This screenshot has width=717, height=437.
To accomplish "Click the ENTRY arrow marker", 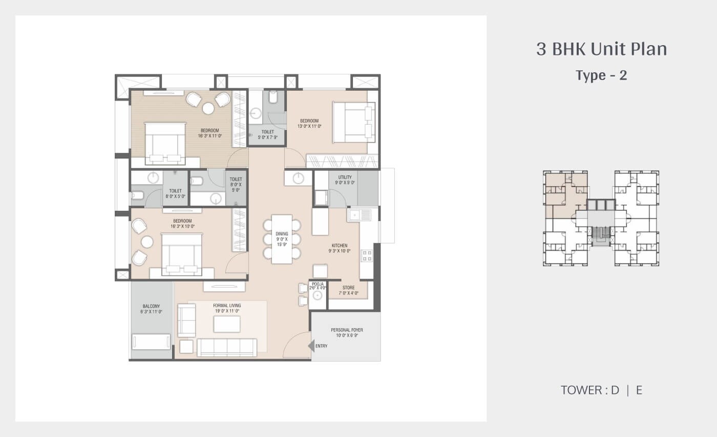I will click(x=311, y=346).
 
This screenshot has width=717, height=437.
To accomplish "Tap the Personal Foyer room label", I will click(x=346, y=333).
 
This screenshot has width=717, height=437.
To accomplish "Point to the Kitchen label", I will click(x=339, y=248).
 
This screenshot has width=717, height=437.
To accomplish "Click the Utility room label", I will click(x=345, y=180).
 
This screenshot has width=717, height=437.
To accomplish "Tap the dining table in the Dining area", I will click(x=282, y=239).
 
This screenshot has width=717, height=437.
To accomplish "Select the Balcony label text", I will click(x=151, y=309).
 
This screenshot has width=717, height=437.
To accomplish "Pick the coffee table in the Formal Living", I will click(x=227, y=324).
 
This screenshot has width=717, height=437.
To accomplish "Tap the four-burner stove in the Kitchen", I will click(x=367, y=255).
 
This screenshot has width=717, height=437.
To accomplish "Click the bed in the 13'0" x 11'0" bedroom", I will click(x=353, y=122).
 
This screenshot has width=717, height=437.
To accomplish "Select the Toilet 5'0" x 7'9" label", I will click(x=267, y=134).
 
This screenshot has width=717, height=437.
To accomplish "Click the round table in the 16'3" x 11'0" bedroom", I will click(x=208, y=108).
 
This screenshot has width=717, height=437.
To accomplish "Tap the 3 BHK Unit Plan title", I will click(x=601, y=49).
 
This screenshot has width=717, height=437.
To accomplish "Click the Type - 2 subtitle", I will click(x=601, y=75).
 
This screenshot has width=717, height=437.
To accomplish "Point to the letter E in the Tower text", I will click(x=639, y=390).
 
